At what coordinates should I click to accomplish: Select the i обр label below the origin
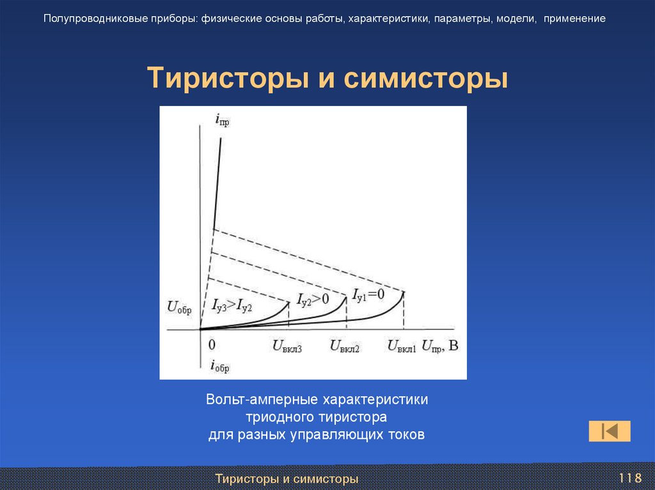[219, 366]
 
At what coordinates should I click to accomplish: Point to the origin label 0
[212, 345]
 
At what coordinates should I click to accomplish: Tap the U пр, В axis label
[440, 346]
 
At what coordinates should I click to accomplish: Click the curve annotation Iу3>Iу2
[232, 305]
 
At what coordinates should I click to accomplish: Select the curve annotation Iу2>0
[313, 298]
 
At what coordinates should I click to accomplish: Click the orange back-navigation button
[609, 431]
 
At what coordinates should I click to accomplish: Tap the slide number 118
[629, 479]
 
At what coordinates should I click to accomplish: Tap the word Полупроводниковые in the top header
[90, 19]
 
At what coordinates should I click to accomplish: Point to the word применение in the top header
[575, 19]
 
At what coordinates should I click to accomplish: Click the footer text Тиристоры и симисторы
[286, 479]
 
